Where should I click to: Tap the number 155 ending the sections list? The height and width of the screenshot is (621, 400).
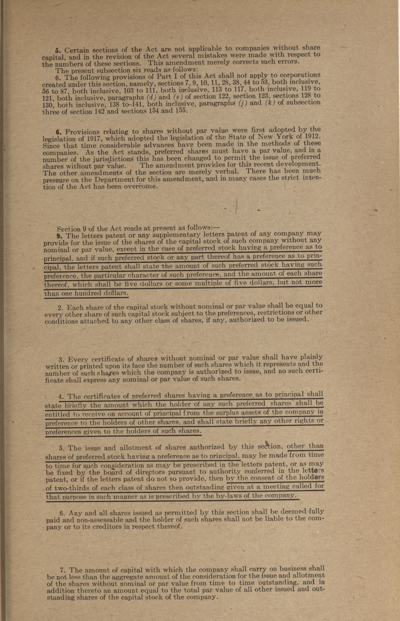click(x=179, y=110)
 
